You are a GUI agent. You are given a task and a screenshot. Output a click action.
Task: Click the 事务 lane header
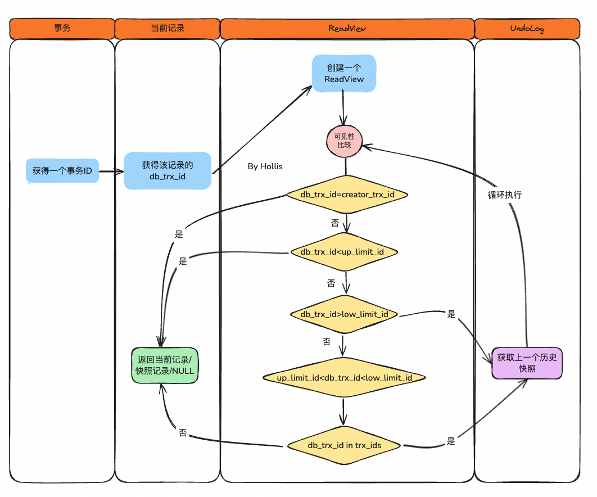(62, 28)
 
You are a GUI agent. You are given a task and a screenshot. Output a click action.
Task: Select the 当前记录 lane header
(167, 28)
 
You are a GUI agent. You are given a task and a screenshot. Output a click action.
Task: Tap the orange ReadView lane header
(347, 28)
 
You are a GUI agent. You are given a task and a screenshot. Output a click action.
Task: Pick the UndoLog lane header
(527, 28)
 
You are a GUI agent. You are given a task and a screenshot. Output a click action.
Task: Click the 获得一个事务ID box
(62, 171)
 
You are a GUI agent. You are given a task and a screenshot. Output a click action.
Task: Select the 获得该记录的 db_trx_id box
(168, 171)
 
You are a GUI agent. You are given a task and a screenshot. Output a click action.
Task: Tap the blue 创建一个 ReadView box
(344, 73)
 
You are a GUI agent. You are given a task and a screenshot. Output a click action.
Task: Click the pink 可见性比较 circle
(344, 141)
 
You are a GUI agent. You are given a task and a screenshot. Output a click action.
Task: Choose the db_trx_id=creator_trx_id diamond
(347, 195)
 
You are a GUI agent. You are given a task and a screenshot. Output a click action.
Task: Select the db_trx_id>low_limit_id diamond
(344, 314)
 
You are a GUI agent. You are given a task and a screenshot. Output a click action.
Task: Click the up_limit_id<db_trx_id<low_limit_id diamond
(345, 377)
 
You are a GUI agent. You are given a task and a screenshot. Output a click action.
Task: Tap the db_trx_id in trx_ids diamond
(345, 445)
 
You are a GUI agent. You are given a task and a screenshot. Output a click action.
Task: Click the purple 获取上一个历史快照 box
(527, 363)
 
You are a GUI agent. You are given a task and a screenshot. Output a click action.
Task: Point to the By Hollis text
(265, 167)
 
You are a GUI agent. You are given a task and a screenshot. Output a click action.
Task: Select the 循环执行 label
(504, 195)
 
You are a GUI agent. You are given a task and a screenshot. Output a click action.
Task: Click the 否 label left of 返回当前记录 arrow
(183, 433)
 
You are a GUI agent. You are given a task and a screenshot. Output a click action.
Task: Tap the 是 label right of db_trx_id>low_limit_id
(451, 314)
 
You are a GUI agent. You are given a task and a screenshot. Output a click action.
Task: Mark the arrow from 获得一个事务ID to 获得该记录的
(111, 171)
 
